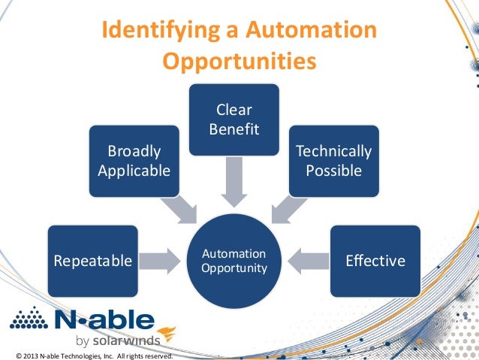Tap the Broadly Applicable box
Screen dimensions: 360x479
pyautogui.click(x=134, y=161)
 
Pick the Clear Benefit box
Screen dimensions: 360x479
pyautogui.click(x=233, y=119)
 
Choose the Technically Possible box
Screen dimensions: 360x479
pyautogui.click(x=334, y=161)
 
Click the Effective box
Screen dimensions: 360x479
pyautogui.click(x=375, y=261)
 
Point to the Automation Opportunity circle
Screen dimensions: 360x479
pyautogui.click(x=233, y=260)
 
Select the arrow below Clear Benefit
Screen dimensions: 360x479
pyautogui.click(x=233, y=183)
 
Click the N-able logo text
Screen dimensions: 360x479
pyautogui.click(x=105, y=321)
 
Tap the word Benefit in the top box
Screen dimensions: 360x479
pyautogui.click(x=233, y=129)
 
